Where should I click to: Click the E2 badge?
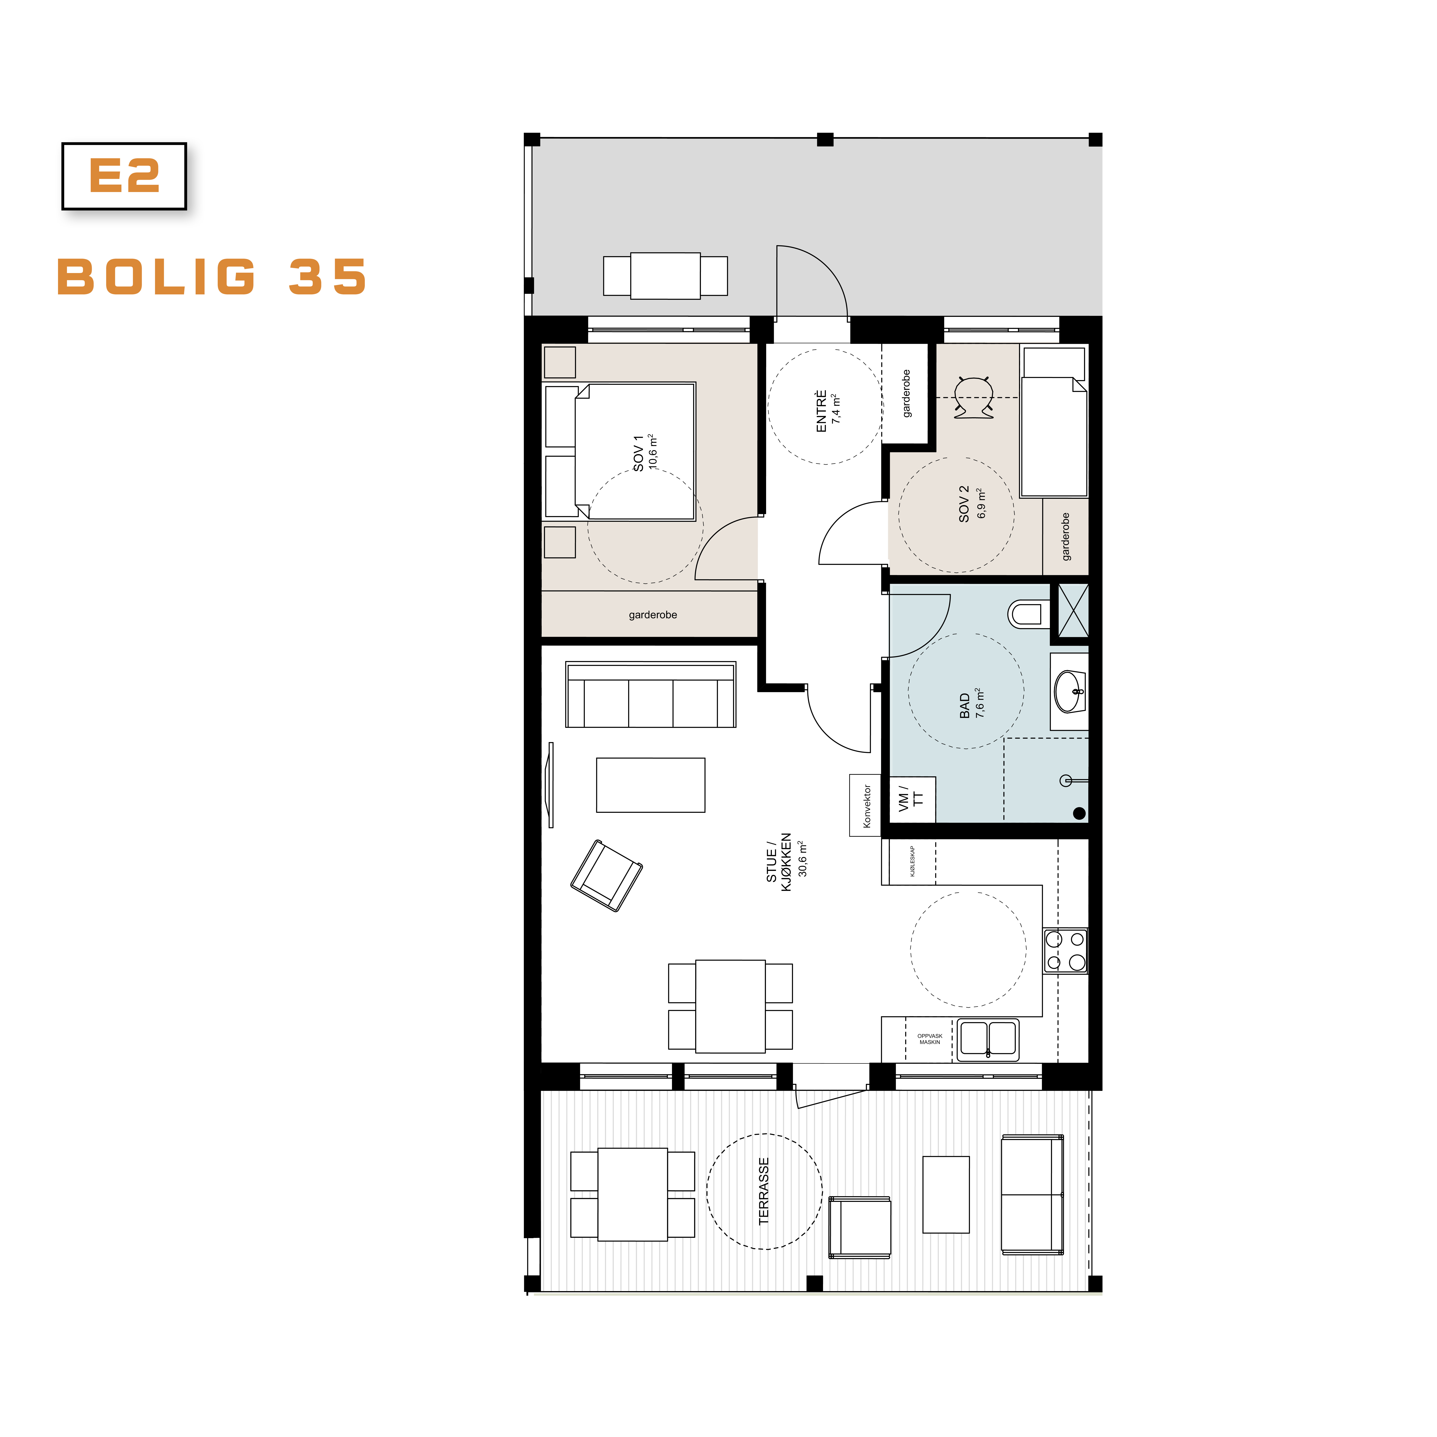click(x=124, y=176)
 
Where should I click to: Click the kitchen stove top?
click(x=1065, y=951)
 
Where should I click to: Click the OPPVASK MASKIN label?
click(x=930, y=1039)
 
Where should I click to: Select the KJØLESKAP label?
click(x=913, y=861)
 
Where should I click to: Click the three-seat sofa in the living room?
click(x=651, y=695)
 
